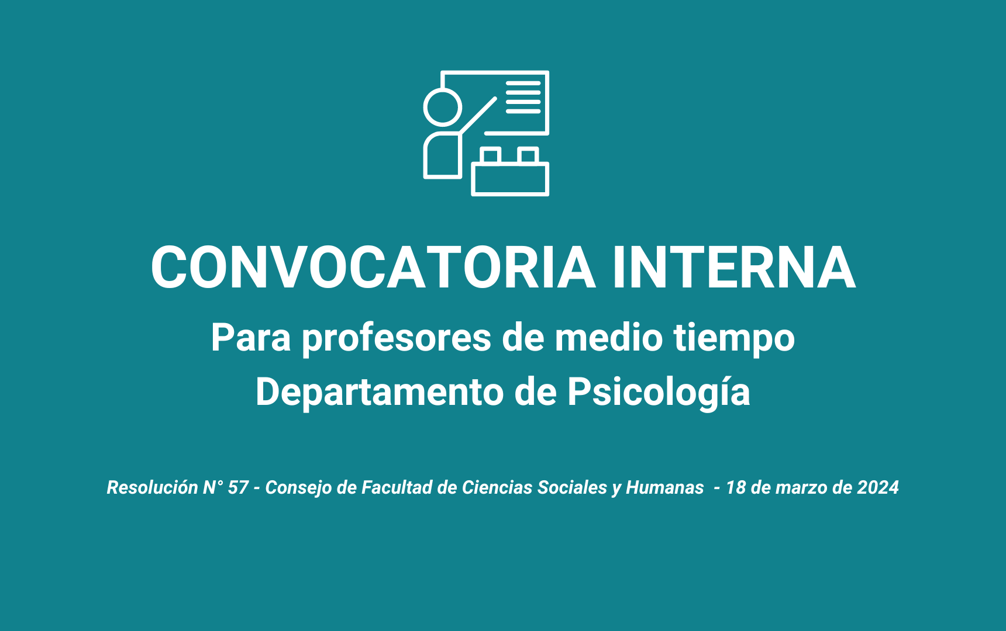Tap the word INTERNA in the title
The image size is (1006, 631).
pos(734,268)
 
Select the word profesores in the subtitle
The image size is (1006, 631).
pos(397,338)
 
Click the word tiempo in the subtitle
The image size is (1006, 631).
pos(734,338)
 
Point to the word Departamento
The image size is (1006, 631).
pos(380,391)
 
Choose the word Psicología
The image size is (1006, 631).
pos(659,393)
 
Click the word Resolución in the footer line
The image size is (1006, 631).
pos(153,487)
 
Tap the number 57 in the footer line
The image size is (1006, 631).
pos(238,487)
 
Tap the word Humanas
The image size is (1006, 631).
pos(665,487)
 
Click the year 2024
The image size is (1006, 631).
pos(878,487)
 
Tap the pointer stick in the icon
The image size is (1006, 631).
pos(478,115)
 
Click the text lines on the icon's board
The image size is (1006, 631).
pos(523,96)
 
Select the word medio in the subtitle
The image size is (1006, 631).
pos(609,338)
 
